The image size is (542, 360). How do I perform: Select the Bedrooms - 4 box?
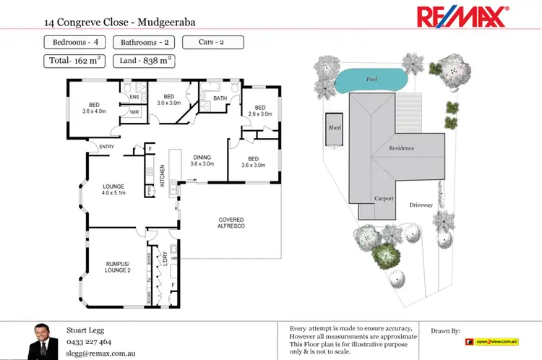[x=76, y=43]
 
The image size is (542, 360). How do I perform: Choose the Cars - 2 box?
[x=212, y=43]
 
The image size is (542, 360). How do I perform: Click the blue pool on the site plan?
[x=371, y=80]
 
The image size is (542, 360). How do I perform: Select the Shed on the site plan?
[x=335, y=129]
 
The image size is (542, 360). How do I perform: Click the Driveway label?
[x=421, y=205]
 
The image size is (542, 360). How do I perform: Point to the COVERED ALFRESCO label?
[x=231, y=223]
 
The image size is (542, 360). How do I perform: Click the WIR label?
[x=134, y=112]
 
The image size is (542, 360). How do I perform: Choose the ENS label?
[x=134, y=97]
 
